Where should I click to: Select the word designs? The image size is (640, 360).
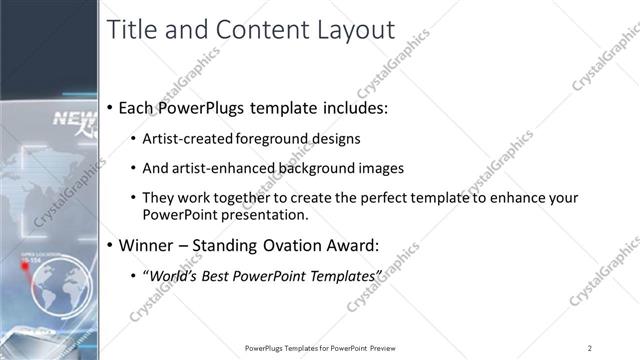(337, 139)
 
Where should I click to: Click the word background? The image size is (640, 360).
(314, 168)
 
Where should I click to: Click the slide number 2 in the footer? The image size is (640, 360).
(589, 347)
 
